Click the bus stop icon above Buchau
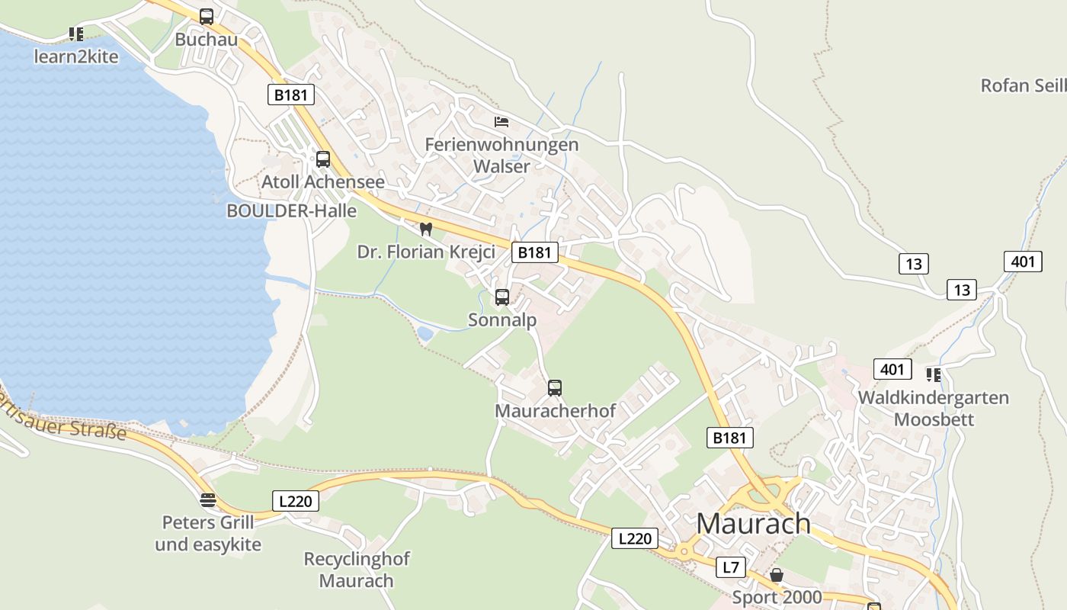(206, 16)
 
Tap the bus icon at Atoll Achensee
(323, 159)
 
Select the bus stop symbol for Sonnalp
(501, 297)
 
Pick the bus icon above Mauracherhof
(555, 388)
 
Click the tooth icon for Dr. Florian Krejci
(426, 229)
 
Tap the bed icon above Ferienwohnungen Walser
(501, 121)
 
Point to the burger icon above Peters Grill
(207, 500)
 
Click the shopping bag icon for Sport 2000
(776, 575)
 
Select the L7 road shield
(731, 567)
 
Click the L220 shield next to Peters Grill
(295, 501)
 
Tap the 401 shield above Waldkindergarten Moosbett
(892, 370)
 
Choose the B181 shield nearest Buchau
(291, 95)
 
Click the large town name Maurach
(754, 523)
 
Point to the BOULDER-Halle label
(292, 211)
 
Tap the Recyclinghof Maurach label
(357, 570)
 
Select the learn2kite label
(76, 56)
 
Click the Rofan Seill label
(1023, 85)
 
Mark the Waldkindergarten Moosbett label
(934, 409)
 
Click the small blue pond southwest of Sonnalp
(425, 333)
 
